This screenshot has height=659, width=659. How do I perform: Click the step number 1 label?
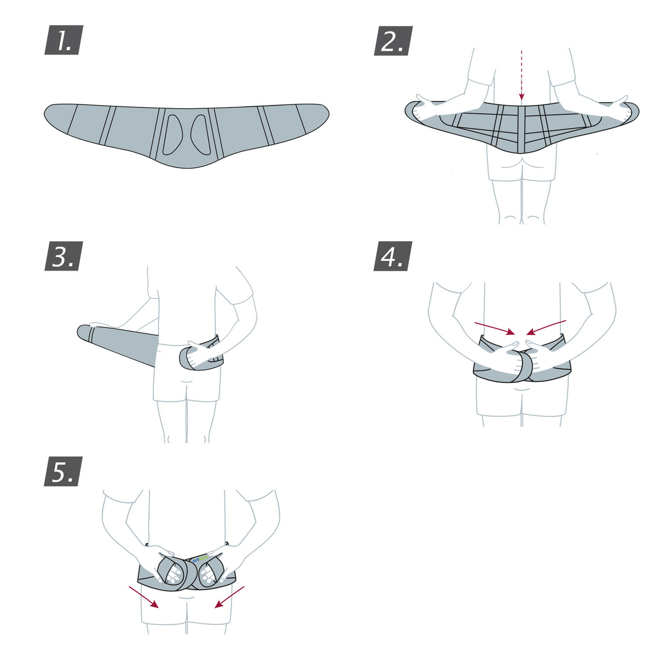[64, 40]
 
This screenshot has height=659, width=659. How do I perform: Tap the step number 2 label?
[393, 41]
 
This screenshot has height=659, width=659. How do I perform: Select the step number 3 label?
[64, 256]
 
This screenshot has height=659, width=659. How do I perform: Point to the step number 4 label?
[393, 256]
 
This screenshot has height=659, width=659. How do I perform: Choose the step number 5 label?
[63, 472]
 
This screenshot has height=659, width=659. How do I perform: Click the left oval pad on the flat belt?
[172, 135]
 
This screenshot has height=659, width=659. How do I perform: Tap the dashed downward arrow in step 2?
[522, 75]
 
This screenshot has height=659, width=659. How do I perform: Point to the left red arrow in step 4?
[494, 328]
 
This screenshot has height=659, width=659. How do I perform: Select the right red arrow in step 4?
[546, 327]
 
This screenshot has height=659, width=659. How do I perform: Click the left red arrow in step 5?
[144, 597]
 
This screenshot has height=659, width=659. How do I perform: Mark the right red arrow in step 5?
[229, 597]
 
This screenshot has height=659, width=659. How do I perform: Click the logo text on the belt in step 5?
[200, 559]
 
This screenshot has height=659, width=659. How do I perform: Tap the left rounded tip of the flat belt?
[52, 114]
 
